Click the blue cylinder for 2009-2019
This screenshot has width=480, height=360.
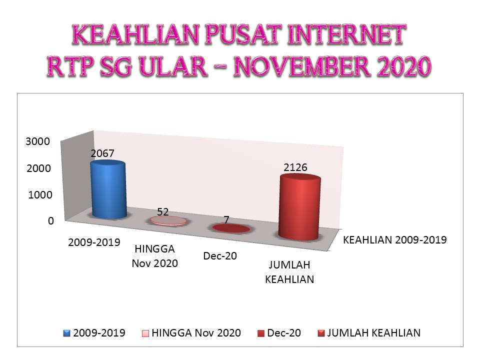[x=108, y=190]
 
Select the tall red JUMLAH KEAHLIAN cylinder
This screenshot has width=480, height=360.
[x=299, y=207]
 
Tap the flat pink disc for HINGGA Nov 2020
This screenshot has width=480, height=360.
[x=168, y=220]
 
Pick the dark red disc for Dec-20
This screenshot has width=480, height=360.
[x=231, y=228]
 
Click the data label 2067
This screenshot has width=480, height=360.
[x=102, y=153]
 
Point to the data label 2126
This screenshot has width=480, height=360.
[x=295, y=167]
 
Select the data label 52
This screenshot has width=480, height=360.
[x=163, y=211]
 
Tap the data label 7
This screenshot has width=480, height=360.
[x=226, y=219]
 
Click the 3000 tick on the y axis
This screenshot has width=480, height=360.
[x=37, y=141]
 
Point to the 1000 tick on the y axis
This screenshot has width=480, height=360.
[x=40, y=194]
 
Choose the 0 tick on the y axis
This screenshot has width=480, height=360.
[x=51, y=220]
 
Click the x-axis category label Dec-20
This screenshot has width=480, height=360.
[x=220, y=255]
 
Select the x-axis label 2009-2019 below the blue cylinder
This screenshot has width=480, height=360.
[x=94, y=242]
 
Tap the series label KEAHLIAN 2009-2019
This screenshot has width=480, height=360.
[x=395, y=239]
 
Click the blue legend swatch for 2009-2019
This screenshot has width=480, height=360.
[x=66, y=333]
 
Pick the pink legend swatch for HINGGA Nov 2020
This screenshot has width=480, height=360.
[x=145, y=333]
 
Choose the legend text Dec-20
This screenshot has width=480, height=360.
[x=284, y=333]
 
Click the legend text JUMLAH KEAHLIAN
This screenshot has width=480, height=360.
[x=374, y=333]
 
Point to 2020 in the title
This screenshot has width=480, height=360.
[x=404, y=66]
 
